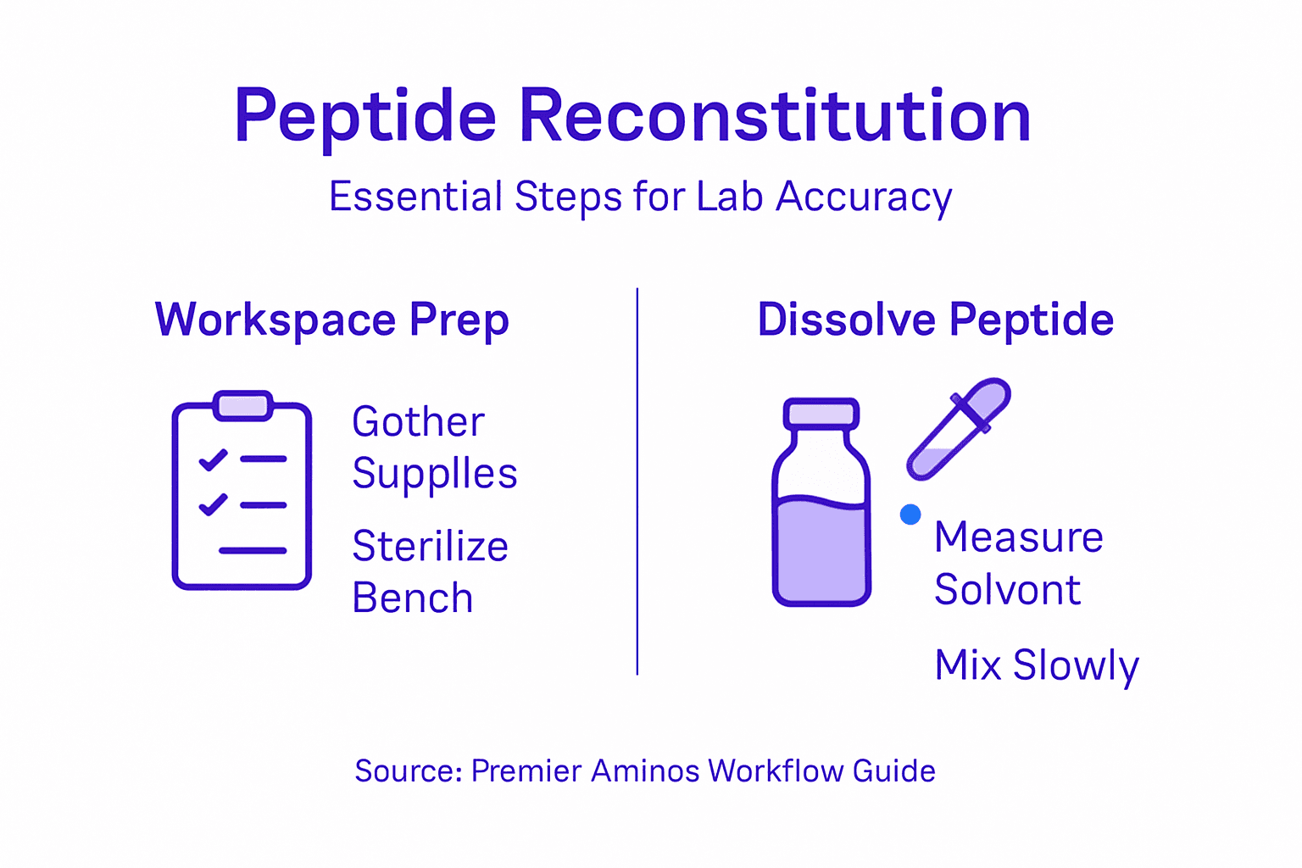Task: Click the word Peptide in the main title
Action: [364, 116]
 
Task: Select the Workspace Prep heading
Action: [331, 320]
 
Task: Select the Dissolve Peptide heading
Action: [935, 320]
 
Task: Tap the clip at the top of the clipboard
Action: [243, 405]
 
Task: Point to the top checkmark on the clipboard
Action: [213, 459]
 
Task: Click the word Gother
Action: [418, 421]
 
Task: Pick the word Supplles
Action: [434, 473]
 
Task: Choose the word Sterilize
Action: [430, 546]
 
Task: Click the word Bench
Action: [412, 598]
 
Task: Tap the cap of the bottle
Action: [821, 413]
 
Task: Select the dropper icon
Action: [959, 429]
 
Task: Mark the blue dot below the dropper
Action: [910, 515]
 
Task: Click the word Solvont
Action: [1007, 589]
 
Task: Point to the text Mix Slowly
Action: [1036, 665]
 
